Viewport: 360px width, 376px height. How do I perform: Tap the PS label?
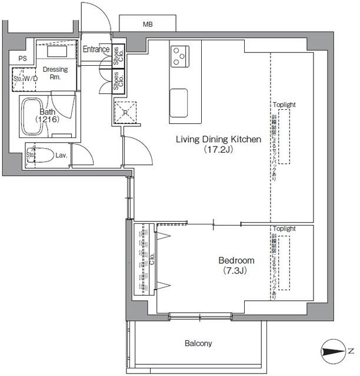pos(22,59)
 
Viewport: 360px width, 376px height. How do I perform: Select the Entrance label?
pos(95,49)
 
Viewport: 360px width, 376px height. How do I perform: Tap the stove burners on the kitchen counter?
pos(179,56)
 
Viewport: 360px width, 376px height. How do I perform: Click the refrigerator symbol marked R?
pos(125,112)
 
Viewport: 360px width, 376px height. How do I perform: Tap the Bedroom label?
pos(236,260)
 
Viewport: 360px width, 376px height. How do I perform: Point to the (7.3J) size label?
pos(234,271)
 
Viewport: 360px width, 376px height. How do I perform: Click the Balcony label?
pos(198,344)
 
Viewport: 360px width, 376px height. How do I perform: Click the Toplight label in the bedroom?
pos(284,229)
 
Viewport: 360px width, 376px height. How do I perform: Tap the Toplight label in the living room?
pos(284,105)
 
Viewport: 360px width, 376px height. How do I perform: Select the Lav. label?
pos(62,156)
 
